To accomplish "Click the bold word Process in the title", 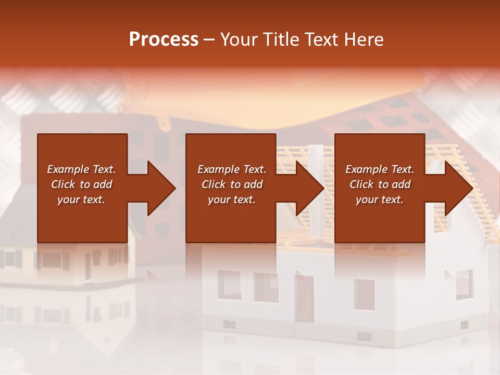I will click(164, 40).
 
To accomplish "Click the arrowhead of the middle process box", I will click(309, 188).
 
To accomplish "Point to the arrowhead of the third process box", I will click(458, 188).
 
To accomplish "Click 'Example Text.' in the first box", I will click(81, 169).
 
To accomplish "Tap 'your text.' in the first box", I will click(81, 199).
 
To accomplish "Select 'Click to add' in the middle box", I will click(232, 184).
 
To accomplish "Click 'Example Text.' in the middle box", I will click(232, 169).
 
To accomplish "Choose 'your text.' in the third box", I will click(380, 199).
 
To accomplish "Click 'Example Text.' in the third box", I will click(380, 169).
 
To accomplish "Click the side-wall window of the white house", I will click(464, 284).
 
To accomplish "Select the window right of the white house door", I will click(365, 294).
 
